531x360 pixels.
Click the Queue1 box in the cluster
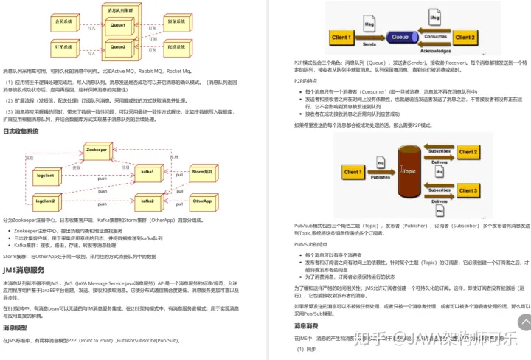(x=118, y=25)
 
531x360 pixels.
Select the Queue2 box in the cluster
(x=118, y=47)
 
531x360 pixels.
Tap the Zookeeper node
(x=97, y=150)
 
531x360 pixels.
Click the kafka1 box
(x=147, y=172)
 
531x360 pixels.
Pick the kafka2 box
(x=147, y=201)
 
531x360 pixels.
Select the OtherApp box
(x=202, y=201)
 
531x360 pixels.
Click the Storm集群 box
(x=203, y=172)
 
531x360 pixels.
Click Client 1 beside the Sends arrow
(x=341, y=37)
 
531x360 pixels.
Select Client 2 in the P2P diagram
(x=465, y=37)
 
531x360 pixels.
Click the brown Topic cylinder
(x=408, y=171)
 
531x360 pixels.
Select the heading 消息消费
(x=306, y=325)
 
